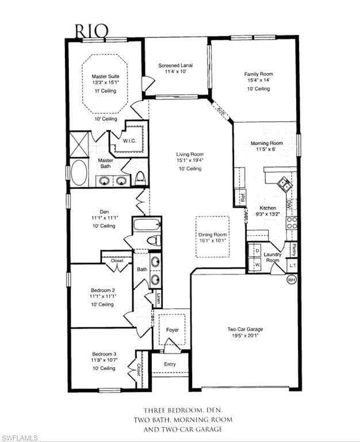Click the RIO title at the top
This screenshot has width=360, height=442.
click(90, 29)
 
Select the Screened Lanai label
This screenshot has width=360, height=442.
click(175, 66)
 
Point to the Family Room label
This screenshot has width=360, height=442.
click(258, 74)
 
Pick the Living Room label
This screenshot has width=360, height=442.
click(190, 154)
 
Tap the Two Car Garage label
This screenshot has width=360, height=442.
click(244, 329)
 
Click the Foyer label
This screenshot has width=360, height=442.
click(172, 330)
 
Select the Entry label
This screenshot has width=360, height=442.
click(170, 364)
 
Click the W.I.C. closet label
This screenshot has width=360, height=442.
click(129, 140)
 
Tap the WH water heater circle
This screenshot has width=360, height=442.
click(291, 280)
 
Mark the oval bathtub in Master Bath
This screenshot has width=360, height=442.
click(79, 173)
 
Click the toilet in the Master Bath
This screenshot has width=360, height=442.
click(140, 178)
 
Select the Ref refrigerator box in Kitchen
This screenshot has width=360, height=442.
click(243, 197)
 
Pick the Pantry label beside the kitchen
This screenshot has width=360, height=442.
click(294, 250)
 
